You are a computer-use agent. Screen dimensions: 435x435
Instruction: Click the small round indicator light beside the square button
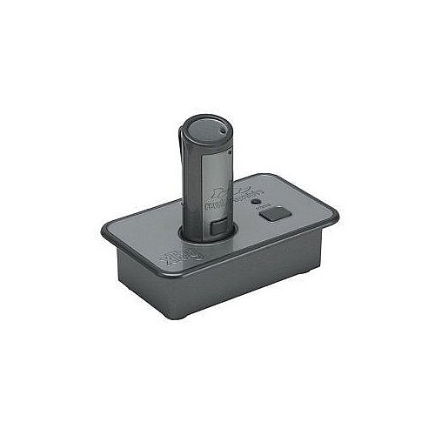click(257, 199)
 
